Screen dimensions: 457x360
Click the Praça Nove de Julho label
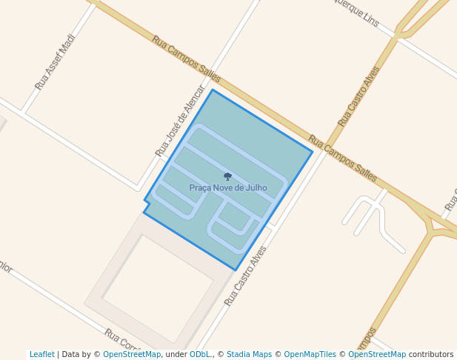[227, 188]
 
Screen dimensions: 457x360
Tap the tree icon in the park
[227, 176]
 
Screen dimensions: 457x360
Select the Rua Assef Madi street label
[56, 62]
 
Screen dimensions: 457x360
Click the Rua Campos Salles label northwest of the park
[187, 59]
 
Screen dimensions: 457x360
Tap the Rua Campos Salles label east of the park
[342, 159]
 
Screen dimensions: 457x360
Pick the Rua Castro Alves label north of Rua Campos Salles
[358, 96]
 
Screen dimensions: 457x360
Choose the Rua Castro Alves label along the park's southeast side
[245, 276]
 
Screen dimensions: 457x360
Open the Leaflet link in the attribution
[42, 355]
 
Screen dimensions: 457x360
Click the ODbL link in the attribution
[200, 355]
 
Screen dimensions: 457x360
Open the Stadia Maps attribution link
[249, 355]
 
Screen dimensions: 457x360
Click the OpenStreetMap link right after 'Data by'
[132, 355]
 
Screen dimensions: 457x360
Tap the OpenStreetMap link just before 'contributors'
[377, 355]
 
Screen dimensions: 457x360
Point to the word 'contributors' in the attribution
[431, 355]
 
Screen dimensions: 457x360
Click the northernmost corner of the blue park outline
[213, 90]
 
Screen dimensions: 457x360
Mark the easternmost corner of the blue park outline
[312, 153]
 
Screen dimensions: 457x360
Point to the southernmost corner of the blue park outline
[236, 270]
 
